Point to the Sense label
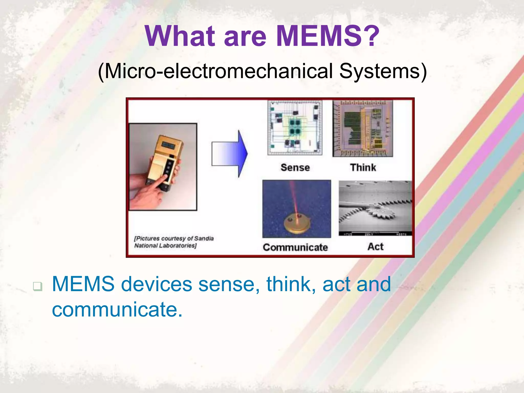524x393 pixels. tap(295, 168)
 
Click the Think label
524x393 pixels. tap(363, 168)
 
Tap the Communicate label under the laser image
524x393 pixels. tap(295, 247)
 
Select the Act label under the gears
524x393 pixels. tap(375, 247)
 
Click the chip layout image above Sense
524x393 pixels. tap(295, 128)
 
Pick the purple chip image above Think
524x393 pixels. tap(363, 129)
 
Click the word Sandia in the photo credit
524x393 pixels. tap(204, 238)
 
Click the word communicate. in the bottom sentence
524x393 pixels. tap(117, 309)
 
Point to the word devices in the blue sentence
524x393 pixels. tap(156, 284)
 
